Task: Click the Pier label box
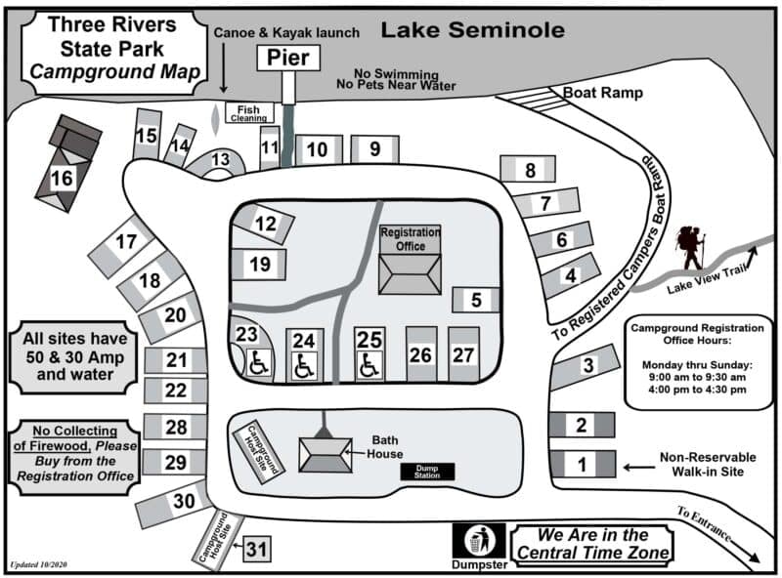[x=288, y=59]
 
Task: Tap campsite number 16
[x=63, y=179]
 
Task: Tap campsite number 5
[x=476, y=300]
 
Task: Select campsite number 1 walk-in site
[x=582, y=465]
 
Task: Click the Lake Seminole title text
[x=472, y=30]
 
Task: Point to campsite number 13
[x=220, y=160]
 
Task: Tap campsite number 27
[x=463, y=354]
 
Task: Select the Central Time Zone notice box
[x=595, y=546]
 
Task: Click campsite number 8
[x=530, y=170]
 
